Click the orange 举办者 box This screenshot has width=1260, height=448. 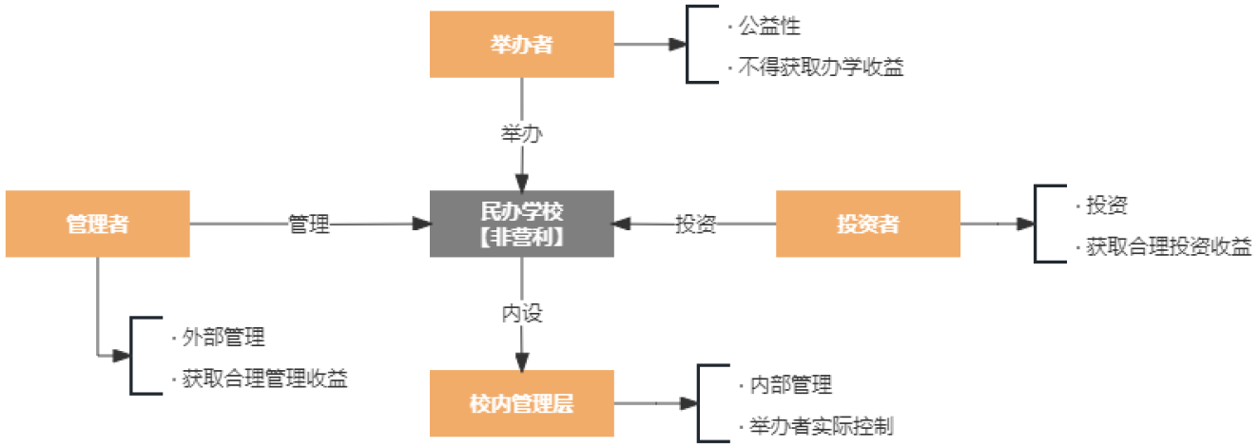pyautogui.click(x=521, y=44)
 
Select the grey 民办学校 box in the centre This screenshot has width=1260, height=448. pyautogui.click(x=521, y=224)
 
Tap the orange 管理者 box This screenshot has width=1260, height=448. pyautogui.click(x=97, y=224)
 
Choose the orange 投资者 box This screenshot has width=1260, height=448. pyautogui.click(x=867, y=224)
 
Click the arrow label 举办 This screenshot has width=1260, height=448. pyautogui.click(x=521, y=134)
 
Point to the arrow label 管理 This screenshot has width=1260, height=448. pyautogui.click(x=309, y=225)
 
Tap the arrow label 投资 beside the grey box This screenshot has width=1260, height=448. pyautogui.click(x=695, y=225)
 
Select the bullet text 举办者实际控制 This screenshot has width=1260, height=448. pyautogui.click(x=815, y=425)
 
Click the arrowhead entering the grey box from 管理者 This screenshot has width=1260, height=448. pyautogui.click(x=420, y=224)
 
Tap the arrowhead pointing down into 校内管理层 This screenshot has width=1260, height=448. pyautogui.click(x=521, y=360)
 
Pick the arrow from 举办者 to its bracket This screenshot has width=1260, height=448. pyautogui.click(x=650, y=44)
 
